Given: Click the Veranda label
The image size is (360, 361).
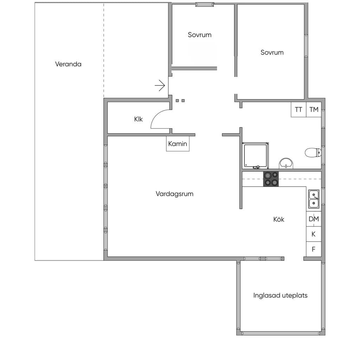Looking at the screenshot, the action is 68,64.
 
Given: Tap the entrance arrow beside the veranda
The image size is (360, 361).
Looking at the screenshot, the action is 160,86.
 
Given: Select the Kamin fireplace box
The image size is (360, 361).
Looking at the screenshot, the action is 178,144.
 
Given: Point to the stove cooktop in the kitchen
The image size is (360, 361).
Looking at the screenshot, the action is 271,179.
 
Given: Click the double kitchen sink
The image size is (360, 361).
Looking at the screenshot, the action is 314,199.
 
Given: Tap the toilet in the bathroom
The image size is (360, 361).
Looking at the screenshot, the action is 313,153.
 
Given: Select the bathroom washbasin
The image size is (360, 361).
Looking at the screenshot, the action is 286,163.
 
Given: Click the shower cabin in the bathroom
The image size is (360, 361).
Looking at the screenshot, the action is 256,156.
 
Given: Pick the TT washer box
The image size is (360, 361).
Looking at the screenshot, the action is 298,110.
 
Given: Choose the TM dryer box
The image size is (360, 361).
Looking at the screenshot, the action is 314,110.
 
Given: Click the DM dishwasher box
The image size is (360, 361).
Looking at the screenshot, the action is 314,219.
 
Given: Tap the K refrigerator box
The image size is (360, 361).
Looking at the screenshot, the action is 314,234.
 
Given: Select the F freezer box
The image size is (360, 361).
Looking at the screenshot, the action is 314,249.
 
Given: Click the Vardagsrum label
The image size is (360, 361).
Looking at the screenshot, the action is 175,194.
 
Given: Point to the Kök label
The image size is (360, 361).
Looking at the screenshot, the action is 279,219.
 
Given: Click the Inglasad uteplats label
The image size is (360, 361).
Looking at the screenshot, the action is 280,295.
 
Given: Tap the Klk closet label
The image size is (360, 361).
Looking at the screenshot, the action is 139,119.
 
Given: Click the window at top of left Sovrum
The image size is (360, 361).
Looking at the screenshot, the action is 205,4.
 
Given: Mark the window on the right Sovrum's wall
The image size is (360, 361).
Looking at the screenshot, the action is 306,46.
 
